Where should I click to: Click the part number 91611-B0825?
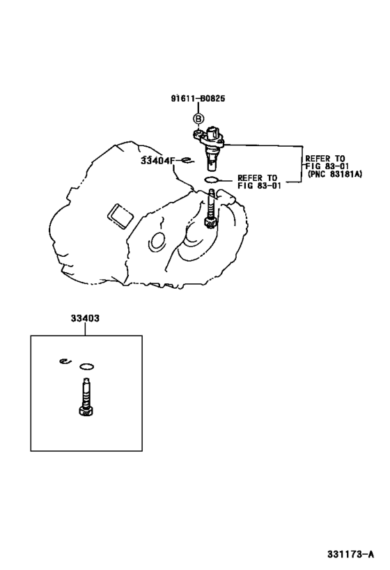point(198,98)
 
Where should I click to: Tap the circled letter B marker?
point(198,118)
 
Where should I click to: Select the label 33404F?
point(158,160)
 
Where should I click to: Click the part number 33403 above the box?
point(85,318)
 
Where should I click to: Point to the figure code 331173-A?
point(350,554)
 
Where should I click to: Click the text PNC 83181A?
point(335,174)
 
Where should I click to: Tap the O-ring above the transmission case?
point(211,180)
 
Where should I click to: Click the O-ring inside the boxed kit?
point(87,366)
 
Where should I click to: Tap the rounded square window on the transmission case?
point(120,217)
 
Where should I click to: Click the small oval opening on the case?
point(157,241)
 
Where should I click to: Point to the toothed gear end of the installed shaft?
point(210,223)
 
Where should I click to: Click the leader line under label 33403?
point(85,329)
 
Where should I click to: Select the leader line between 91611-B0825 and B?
point(198,108)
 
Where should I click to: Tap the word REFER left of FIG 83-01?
point(249,177)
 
